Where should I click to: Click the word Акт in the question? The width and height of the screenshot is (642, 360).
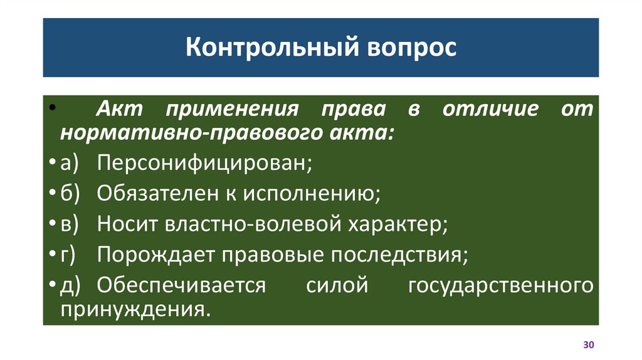[x=118, y=109]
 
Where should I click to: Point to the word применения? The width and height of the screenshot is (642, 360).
[x=231, y=109]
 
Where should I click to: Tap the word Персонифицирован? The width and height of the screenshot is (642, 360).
[x=204, y=164]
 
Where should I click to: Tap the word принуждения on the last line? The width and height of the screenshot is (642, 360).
[x=133, y=309]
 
